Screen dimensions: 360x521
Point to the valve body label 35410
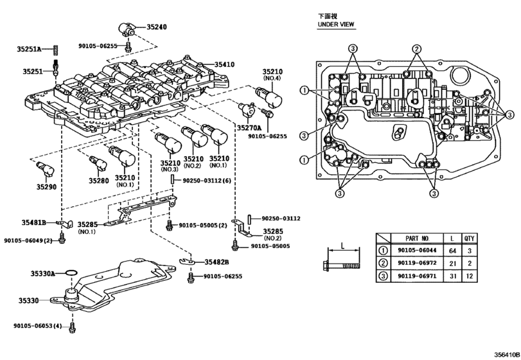click(225, 65)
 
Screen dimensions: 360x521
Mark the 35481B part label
click(34, 222)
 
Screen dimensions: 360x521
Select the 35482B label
click(218, 262)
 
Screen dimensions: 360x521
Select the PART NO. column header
click(416, 237)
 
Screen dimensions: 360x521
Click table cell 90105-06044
click(416, 251)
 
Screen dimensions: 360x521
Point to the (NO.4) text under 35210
click(272, 78)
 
